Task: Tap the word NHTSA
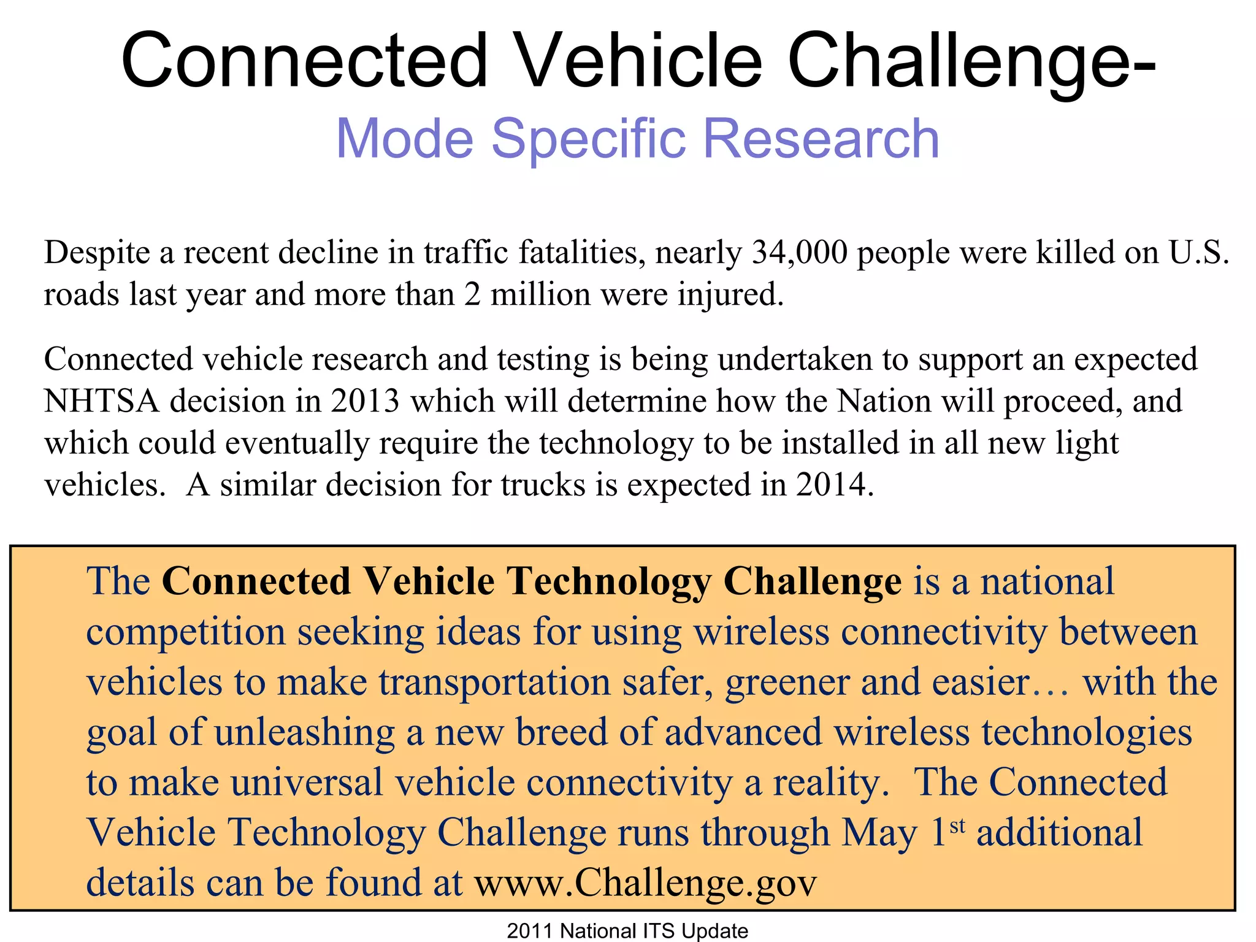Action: point(102,402)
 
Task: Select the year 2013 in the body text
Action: point(365,402)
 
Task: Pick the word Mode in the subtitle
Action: point(405,139)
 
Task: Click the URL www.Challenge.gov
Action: point(645,883)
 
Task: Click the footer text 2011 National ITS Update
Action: point(627,931)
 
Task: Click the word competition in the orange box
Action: point(186,633)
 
